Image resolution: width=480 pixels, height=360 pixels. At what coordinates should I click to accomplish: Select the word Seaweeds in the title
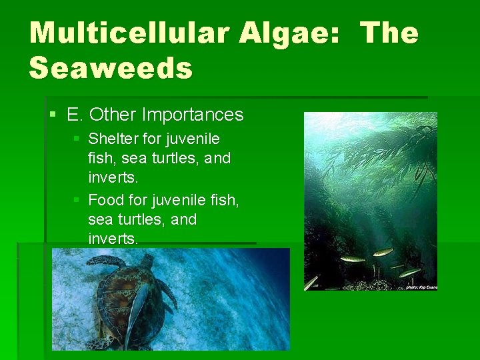pos(111,68)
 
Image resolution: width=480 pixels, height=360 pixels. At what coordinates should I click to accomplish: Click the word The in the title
pos(389,33)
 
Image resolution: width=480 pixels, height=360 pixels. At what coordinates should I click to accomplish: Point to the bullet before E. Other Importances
pos(53,115)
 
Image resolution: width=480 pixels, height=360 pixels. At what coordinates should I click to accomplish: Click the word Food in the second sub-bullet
pos(103,199)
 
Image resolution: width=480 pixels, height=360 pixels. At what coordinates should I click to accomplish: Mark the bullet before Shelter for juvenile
pos(76,139)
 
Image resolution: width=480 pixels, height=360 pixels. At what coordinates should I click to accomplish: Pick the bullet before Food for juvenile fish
pos(76,199)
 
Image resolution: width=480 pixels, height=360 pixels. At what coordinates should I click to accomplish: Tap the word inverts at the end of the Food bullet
pos(112,239)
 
